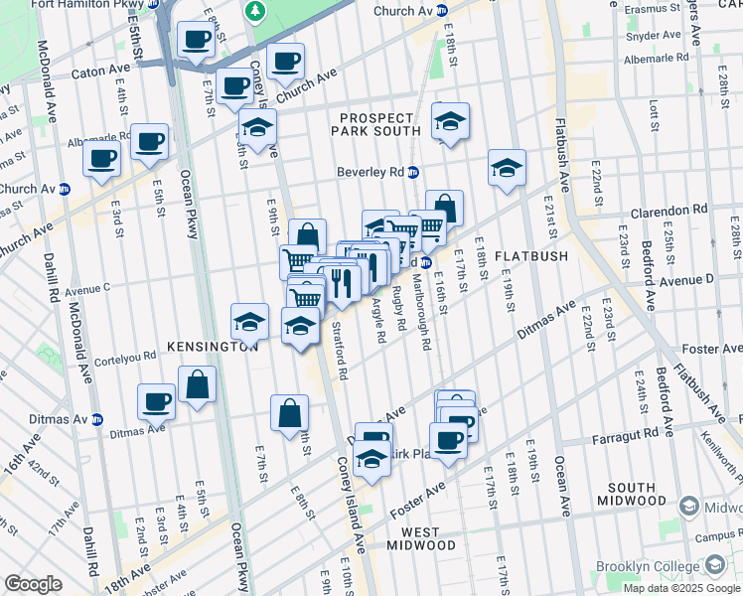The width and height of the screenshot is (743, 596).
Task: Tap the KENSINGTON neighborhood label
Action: [x=214, y=347]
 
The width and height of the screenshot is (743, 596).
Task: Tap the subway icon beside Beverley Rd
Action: [x=413, y=172]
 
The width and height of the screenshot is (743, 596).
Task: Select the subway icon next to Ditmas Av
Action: [x=96, y=419]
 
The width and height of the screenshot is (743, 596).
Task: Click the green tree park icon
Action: [x=257, y=11]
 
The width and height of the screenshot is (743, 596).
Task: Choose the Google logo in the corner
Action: [x=34, y=584]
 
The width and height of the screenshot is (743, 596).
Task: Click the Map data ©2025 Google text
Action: [x=680, y=588]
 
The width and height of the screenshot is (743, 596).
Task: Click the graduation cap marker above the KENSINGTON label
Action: [x=249, y=322]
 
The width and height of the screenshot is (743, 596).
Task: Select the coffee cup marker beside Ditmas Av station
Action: [x=156, y=402]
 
